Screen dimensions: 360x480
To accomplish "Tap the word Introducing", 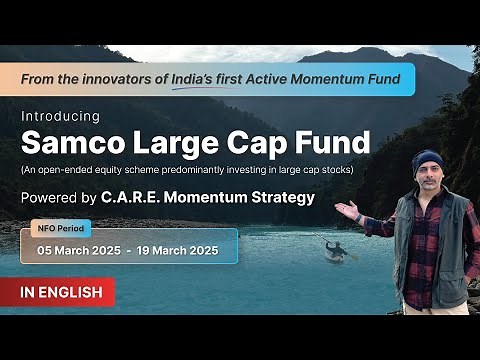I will coord(60,116).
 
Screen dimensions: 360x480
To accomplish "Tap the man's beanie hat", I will coord(427,160).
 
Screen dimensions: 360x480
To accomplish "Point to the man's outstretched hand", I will coord(346,209).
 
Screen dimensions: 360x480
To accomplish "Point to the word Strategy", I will coord(279,197).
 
